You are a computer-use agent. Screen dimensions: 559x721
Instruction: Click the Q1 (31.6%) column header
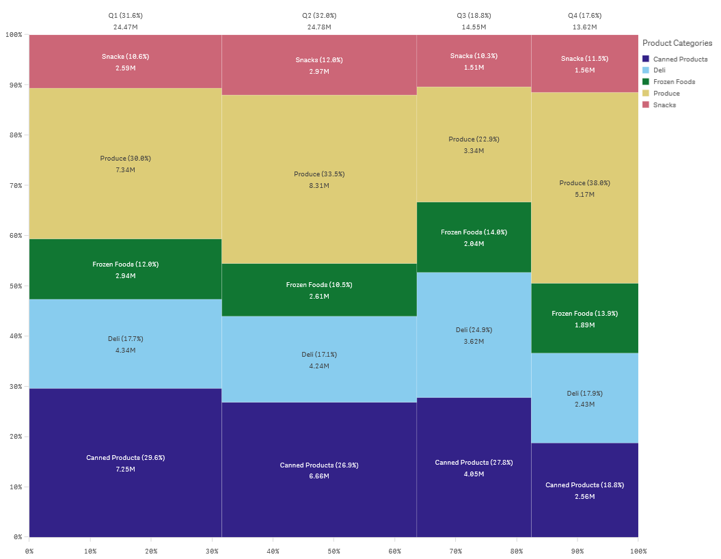[x=125, y=15]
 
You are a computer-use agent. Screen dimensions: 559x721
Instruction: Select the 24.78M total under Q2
[x=318, y=27]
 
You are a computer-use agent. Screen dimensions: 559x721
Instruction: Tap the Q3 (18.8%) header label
[x=474, y=15]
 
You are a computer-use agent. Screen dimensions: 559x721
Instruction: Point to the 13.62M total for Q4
[x=584, y=27]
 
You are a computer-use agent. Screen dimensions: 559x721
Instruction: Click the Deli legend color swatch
[x=647, y=70]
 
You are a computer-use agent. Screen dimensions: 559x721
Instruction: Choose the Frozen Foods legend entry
[x=674, y=82]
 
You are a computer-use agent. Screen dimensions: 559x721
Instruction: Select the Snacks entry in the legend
[x=664, y=105]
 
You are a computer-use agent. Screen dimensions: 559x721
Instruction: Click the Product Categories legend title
[x=677, y=43]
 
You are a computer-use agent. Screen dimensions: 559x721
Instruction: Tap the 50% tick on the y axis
[x=15, y=286]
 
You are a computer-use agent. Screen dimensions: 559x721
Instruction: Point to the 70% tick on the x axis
[x=456, y=551]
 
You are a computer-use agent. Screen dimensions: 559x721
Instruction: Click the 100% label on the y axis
[x=14, y=35]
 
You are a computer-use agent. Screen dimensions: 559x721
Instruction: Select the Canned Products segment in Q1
[x=125, y=463]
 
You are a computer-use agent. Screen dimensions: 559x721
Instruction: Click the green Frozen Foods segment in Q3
[x=474, y=237]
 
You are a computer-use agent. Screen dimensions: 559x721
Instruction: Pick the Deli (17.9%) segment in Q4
[x=584, y=398]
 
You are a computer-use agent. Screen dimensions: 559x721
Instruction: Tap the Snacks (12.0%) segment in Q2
[x=318, y=65]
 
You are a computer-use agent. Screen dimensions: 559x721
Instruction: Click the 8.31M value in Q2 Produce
[x=318, y=186]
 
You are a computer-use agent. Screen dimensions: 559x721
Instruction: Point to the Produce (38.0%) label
[x=584, y=183]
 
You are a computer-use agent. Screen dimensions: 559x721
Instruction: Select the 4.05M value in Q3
[x=474, y=474]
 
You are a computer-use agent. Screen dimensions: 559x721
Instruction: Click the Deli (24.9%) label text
[x=474, y=330]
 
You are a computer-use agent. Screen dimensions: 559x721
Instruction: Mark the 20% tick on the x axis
[x=151, y=551]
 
